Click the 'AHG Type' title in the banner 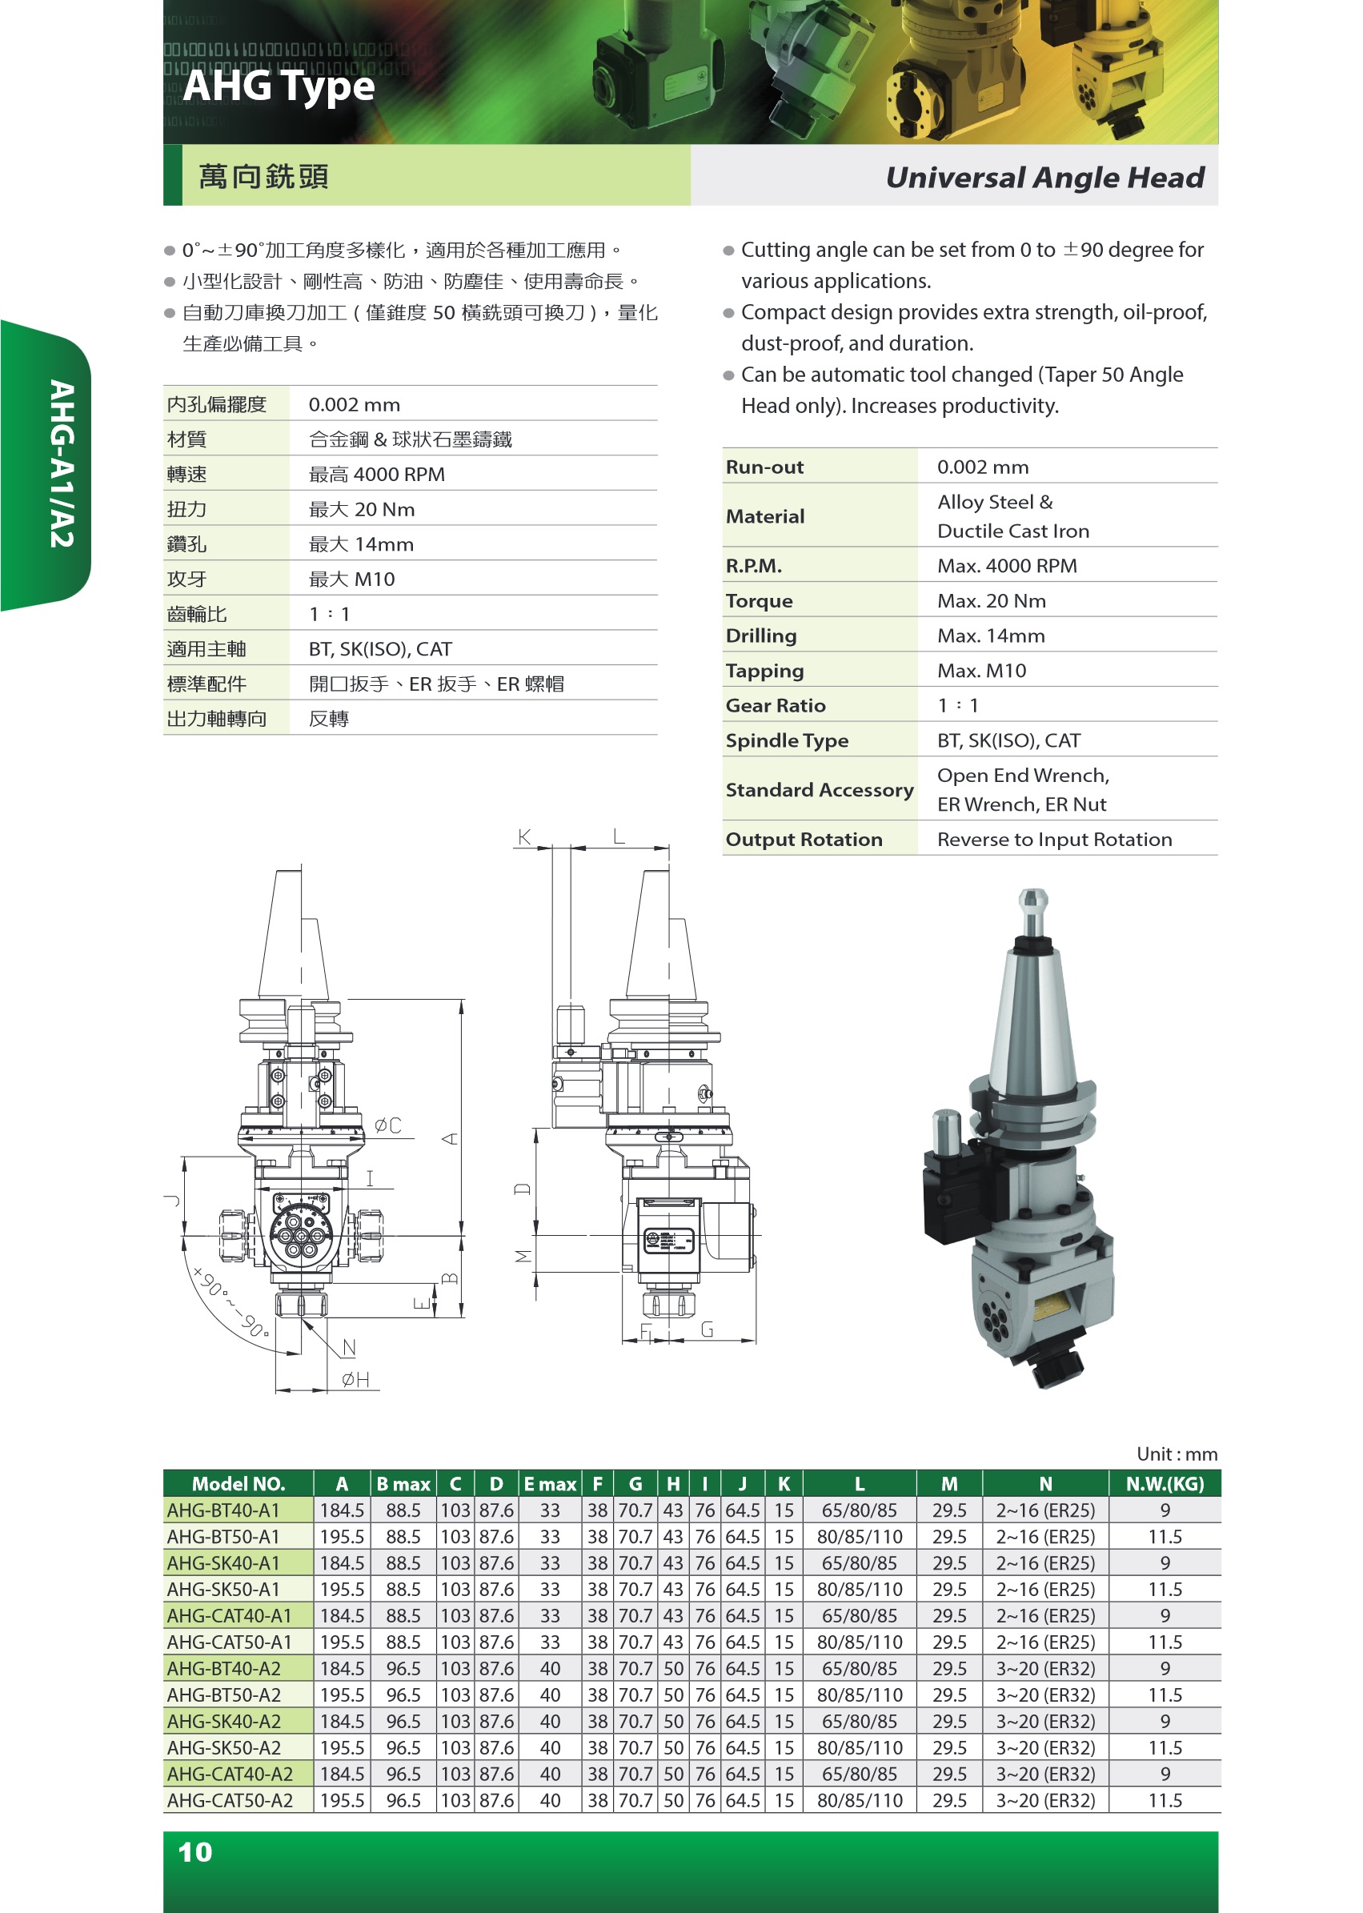pos(278,86)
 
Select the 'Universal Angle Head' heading pos(1044,177)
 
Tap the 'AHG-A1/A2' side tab pos(62,464)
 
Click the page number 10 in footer pos(194,1851)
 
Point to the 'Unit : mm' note pos(1176,1454)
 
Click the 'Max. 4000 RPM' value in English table pos(1006,566)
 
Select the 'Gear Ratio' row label pos(775,705)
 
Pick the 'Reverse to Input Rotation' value pos(1053,840)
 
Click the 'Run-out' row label pos(764,467)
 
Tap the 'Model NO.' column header pos(239,1483)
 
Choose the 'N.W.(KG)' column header pos(1164,1483)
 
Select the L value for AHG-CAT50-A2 pos(860,1799)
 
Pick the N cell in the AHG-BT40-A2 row pos(1045,1668)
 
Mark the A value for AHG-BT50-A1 pos(342,1536)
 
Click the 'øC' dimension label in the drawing pos(387,1125)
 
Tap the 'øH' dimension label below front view pos(355,1379)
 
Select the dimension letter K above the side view pos(524,837)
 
